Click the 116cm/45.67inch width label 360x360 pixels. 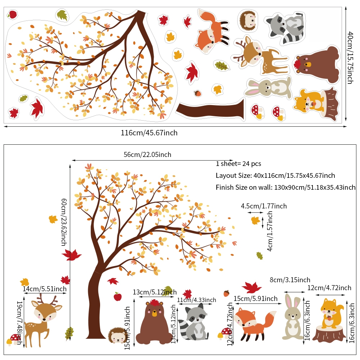tap(149, 133)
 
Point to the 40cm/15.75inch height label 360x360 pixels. tap(350, 58)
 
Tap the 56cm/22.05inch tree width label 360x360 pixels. tap(147, 154)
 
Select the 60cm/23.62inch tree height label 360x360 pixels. tap(64, 222)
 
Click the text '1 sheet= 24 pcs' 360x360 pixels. tap(238, 164)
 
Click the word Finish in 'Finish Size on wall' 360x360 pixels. tap(224, 187)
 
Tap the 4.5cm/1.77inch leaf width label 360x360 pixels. tap(264, 206)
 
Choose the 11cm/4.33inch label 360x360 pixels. tap(197, 300)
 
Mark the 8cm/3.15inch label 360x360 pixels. tap(290, 280)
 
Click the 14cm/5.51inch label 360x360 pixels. tap(45, 289)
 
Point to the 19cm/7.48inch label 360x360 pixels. tap(20, 323)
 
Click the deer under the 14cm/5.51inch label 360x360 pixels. tap(43, 320)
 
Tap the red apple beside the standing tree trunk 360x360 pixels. tap(118, 297)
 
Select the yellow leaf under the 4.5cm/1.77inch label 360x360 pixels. tap(256, 220)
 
